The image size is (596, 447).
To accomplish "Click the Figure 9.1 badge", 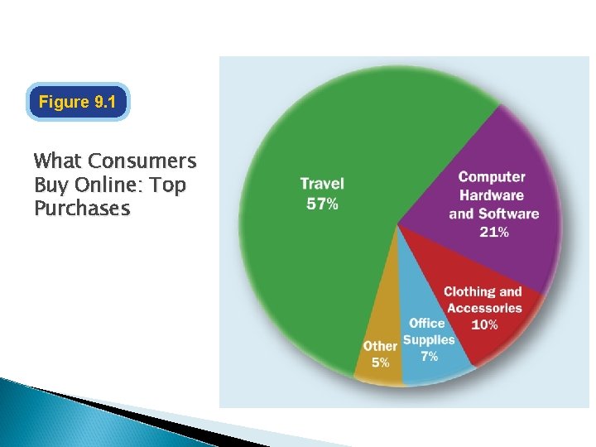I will [78, 102].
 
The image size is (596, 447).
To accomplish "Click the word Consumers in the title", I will [142, 161].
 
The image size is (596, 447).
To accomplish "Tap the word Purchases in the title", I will [82, 208].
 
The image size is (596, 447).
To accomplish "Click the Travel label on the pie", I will [321, 184].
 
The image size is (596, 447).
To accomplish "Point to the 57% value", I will [321, 204].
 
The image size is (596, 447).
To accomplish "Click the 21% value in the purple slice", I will [493, 232].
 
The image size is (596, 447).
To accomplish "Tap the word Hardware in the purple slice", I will [492, 195].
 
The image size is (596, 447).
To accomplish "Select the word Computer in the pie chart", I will [492, 177].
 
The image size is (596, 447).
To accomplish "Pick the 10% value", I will [484, 324].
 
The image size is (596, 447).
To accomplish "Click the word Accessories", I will [484, 308].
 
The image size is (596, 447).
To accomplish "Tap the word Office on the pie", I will [426, 323].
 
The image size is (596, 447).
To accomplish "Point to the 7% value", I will [429, 357].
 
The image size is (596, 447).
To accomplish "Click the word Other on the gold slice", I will [380, 346].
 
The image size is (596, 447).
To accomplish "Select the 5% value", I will [380, 363].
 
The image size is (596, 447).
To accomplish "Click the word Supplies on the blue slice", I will [429, 340].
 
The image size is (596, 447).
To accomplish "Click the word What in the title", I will [57, 161].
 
